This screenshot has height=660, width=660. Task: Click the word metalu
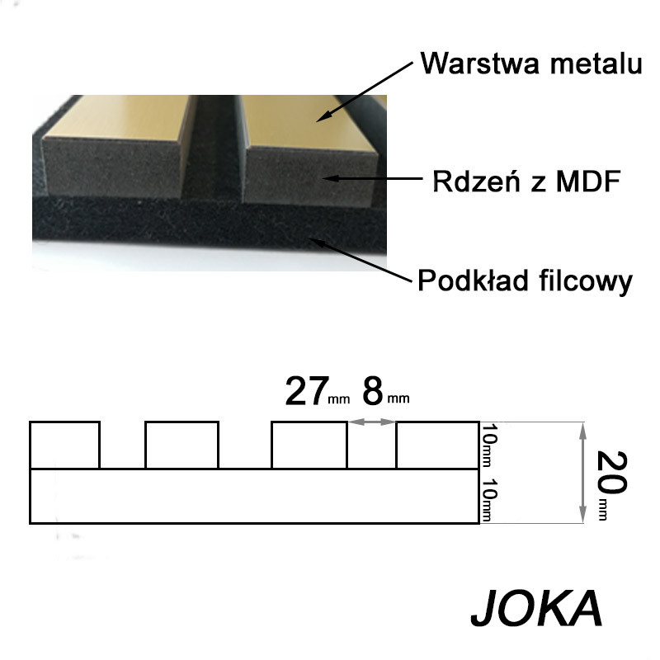[596, 64]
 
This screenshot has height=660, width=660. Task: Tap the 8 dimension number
[373, 392]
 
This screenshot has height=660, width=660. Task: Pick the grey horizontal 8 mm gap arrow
[372, 422]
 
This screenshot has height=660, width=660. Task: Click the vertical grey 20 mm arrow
[583, 473]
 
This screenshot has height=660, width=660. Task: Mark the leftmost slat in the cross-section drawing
[64, 445]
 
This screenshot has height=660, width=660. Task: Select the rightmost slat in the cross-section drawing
[437, 445]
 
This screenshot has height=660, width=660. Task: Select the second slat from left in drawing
[181, 445]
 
